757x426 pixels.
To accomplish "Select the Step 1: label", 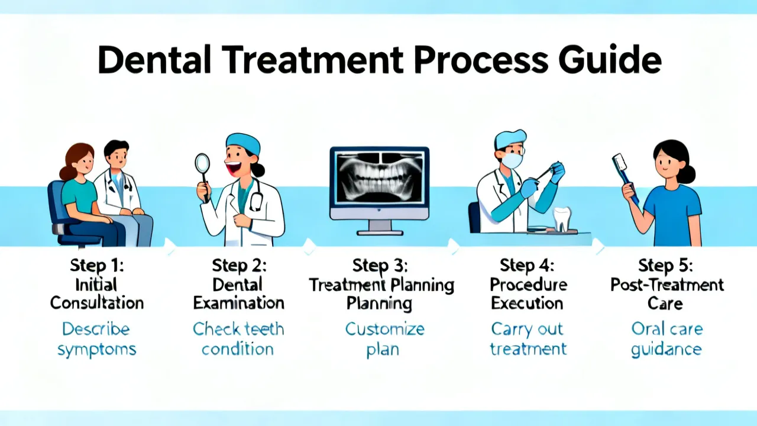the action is coord(96,266).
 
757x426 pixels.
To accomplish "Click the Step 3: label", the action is coord(380,266).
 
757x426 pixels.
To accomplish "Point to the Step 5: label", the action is coord(665,266).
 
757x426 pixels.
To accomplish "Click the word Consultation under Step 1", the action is coord(97,303).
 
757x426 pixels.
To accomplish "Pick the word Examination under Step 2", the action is coord(238,303).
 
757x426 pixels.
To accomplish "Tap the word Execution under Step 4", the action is coord(527,303).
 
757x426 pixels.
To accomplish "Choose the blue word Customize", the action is coord(384,330).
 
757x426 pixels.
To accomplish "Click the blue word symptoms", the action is coord(96,350).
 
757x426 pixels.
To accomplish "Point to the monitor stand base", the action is coord(380,233).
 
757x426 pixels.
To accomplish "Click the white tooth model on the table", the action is coord(561,219).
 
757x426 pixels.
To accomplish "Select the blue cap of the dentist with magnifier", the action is coord(243,143).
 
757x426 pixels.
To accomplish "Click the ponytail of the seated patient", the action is coord(65,172).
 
